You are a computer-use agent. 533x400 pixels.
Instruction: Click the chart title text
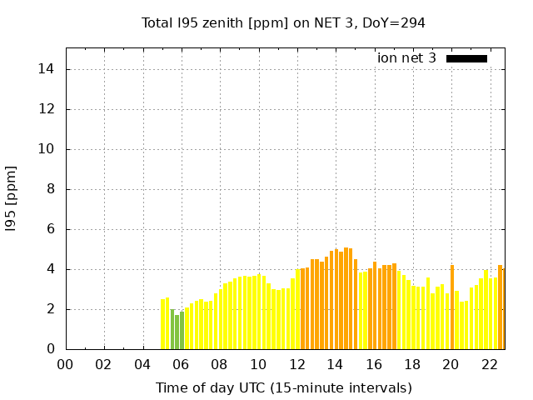point(283,23)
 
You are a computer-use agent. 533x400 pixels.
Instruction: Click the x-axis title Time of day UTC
point(283,387)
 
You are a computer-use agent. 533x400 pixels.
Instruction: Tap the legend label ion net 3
point(406,58)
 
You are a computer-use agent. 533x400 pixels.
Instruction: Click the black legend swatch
point(466,58)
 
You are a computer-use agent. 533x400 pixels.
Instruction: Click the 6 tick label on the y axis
point(52,229)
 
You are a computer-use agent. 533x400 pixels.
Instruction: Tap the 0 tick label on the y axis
point(52,349)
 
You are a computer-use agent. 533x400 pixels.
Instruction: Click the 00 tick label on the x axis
point(66,364)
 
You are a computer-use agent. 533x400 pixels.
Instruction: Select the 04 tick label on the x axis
point(142,364)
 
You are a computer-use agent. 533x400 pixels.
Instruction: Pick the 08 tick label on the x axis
point(220,364)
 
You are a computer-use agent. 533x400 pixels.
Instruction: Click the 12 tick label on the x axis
point(296,364)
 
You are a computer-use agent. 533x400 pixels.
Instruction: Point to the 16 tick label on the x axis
point(374,364)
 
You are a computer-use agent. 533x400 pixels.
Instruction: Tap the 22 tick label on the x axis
point(490,364)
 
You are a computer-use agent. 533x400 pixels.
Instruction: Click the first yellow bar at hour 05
point(163,325)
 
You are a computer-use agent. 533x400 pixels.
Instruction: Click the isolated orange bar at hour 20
point(452,308)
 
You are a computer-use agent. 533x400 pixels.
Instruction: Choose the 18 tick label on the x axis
point(412,364)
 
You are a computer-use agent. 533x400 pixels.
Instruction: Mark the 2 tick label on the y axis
point(52,309)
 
